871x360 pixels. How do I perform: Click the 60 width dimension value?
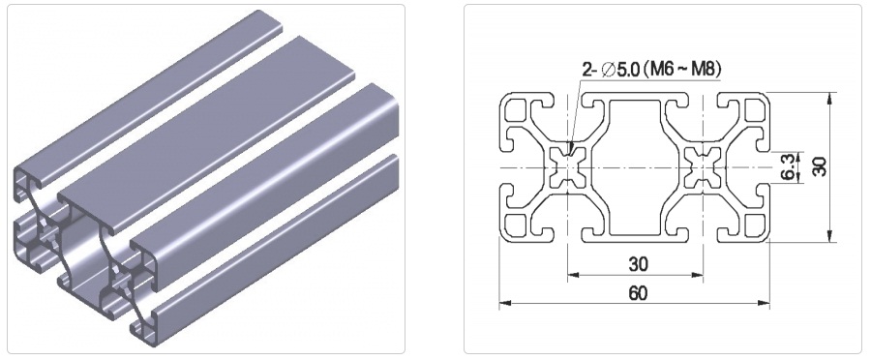639,293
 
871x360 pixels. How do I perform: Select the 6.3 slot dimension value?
788,167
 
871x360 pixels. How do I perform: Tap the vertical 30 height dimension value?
820,166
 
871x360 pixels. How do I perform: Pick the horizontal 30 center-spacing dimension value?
639,264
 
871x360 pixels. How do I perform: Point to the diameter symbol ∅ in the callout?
609,70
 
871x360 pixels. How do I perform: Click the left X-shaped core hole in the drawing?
568,167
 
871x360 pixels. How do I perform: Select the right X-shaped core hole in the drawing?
703,167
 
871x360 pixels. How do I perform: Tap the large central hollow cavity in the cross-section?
636,167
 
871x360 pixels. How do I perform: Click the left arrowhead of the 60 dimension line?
504,303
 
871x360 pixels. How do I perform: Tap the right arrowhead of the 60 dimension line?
765,303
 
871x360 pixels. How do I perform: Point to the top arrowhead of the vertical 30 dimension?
830,98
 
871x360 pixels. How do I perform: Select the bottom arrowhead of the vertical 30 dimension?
830,237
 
